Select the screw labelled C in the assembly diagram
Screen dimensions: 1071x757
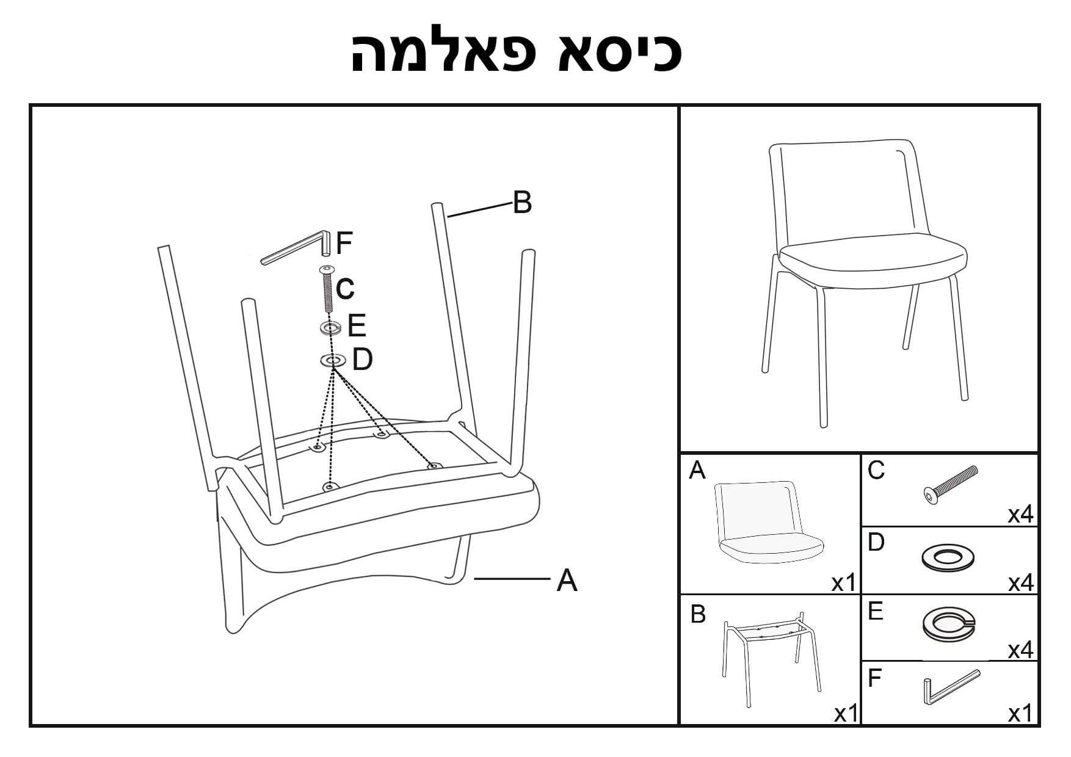[328, 290]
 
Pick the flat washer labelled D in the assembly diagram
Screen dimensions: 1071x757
[333, 361]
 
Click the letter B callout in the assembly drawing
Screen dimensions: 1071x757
[522, 202]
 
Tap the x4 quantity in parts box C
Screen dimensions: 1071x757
[1020, 515]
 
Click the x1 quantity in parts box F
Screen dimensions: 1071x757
[1020, 713]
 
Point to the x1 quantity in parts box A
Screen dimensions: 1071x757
[844, 584]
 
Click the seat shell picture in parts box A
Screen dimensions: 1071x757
[768, 522]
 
